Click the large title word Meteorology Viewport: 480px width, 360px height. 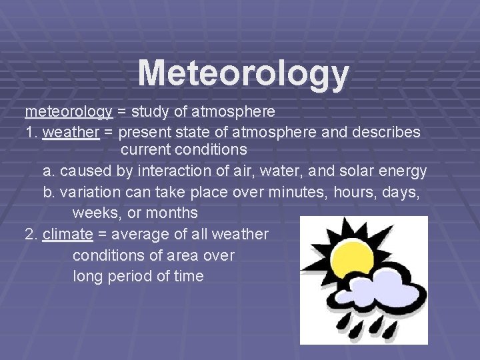(243, 73)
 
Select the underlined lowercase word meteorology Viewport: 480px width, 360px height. (69, 111)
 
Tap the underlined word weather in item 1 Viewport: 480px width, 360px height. (71, 133)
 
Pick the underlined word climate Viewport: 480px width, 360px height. (67, 234)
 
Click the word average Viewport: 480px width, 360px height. (141, 235)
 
